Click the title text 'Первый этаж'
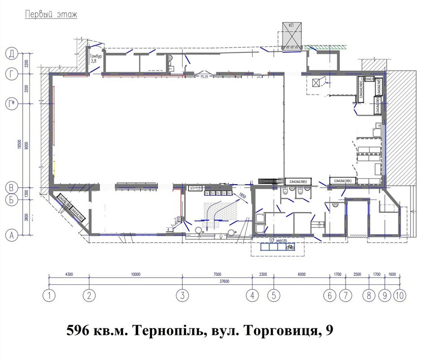tap(51, 14)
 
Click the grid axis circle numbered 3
tap(182, 295)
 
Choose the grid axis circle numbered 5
tap(273, 295)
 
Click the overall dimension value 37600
tap(219, 281)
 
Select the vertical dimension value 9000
tap(27, 145)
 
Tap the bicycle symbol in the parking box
tap(290, 246)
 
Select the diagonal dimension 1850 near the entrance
tap(242, 195)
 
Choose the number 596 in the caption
tap(78, 331)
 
